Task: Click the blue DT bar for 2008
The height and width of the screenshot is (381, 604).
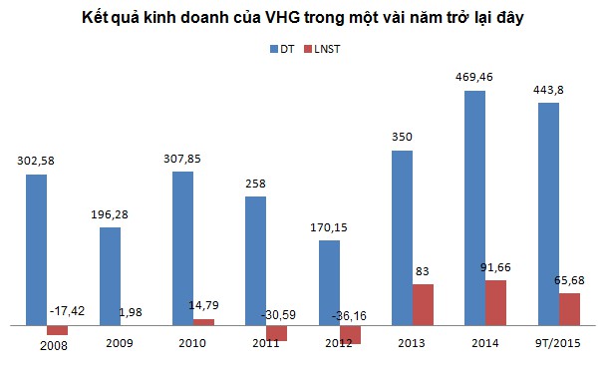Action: (37, 249)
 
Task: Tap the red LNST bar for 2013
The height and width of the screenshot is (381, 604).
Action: (423, 304)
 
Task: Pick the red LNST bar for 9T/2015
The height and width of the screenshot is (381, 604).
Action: (569, 308)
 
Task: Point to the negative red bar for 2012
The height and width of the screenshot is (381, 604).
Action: (350, 334)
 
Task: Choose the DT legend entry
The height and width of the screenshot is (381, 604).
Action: (279, 47)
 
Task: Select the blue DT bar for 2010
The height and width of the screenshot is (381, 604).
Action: (182, 248)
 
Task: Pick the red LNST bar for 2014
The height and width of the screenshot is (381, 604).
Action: (496, 302)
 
